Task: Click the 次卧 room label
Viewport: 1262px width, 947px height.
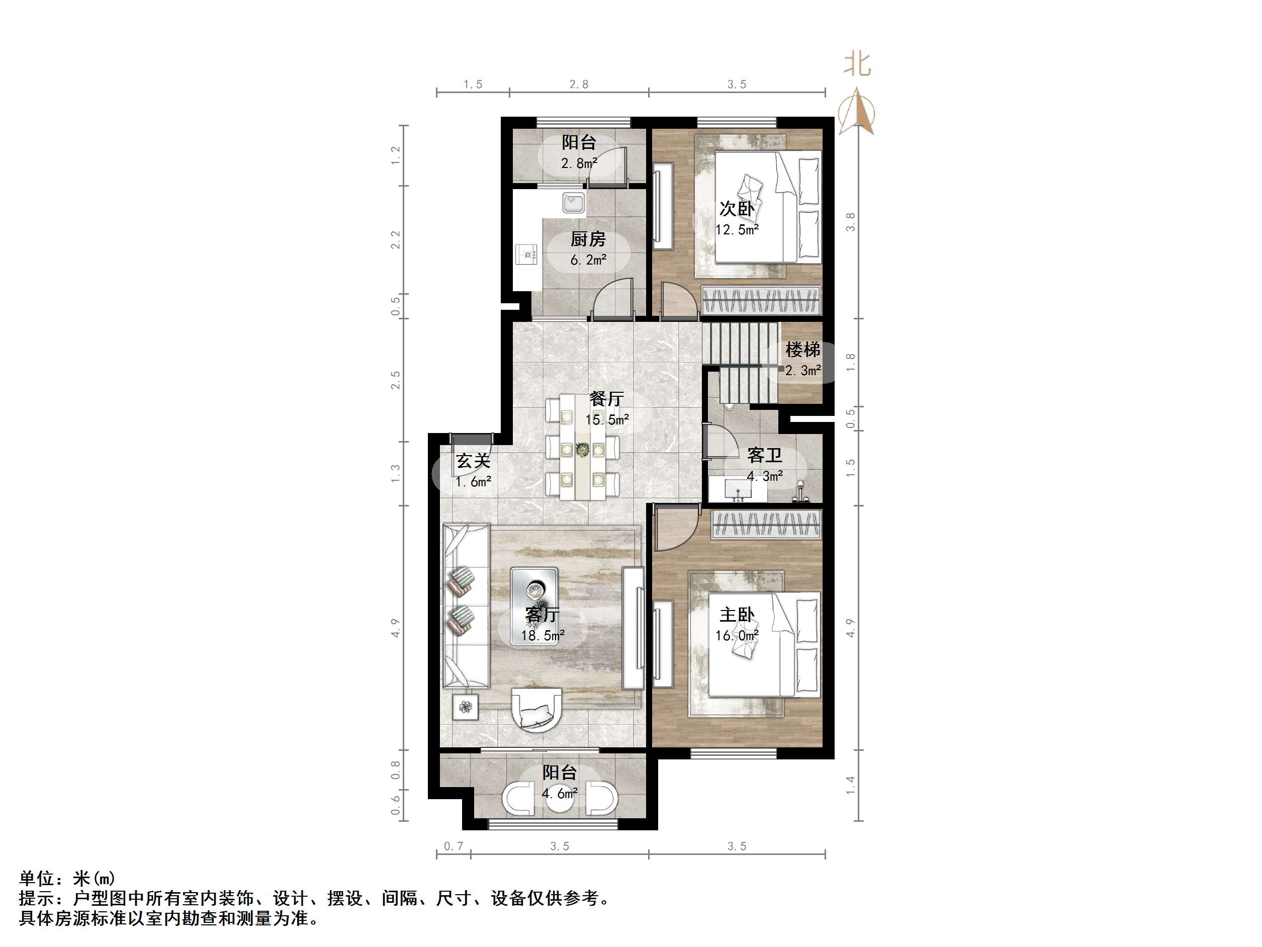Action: (x=737, y=209)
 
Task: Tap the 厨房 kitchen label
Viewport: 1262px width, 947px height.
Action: (x=588, y=239)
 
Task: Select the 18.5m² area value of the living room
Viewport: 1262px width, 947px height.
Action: (x=543, y=635)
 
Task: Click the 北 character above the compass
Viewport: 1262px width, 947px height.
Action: (x=857, y=64)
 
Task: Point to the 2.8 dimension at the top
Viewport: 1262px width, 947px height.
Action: (x=579, y=84)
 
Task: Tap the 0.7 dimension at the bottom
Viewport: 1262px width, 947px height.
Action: (x=454, y=846)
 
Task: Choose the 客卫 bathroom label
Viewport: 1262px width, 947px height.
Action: (x=765, y=456)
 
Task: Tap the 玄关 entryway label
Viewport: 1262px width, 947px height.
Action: (x=473, y=461)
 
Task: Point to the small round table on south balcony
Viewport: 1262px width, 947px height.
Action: (x=559, y=799)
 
